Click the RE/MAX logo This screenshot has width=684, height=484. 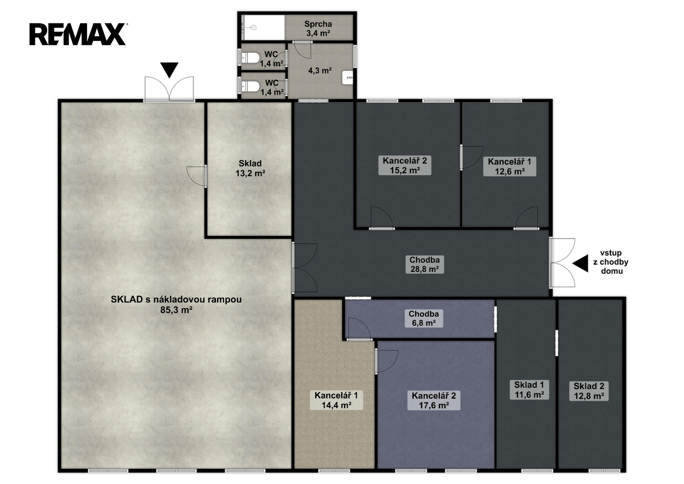point(78,34)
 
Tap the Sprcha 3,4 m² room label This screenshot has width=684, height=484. point(318,28)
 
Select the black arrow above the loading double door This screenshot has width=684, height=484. point(169,70)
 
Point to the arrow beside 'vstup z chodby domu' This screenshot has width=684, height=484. point(580,263)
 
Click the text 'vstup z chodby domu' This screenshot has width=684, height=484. point(611,262)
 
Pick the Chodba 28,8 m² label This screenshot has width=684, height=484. point(425,264)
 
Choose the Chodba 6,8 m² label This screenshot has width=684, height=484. point(424,318)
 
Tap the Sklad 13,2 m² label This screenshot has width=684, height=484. point(250,169)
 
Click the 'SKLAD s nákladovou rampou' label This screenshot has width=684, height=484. point(176,299)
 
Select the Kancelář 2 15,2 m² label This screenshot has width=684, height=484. point(404,165)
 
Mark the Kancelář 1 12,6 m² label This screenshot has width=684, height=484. point(510,166)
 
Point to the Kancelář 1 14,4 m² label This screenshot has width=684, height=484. point(336,400)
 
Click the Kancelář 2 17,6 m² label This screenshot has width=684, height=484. point(434,400)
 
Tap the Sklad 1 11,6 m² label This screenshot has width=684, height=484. point(529,389)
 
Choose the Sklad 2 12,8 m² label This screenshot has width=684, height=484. point(589,391)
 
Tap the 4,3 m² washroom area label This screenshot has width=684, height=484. point(320,71)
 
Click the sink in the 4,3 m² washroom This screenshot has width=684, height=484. point(348,78)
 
